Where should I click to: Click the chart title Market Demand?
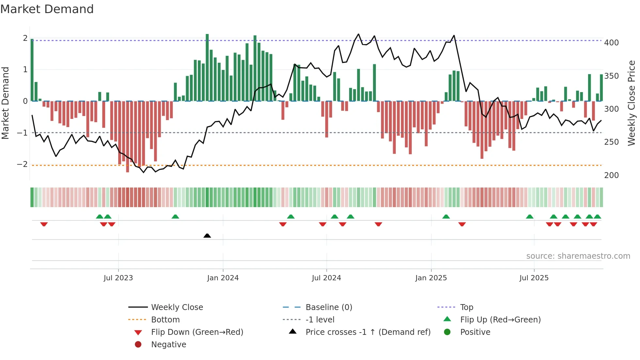tap(47, 9)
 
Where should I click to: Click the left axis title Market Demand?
tap(6, 103)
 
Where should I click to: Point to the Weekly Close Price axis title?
tap(632, 103)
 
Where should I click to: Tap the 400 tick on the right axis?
tap(611, 43)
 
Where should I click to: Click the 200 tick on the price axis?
tap(611, 175)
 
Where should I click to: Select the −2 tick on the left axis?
tap(23, 164)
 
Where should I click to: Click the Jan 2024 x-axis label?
tap(223, 278)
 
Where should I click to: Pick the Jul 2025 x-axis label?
tap(534, 278)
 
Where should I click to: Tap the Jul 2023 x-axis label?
tap(118, 278)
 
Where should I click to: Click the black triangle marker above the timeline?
tap(207, 236)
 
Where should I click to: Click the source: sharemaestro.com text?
tap(578, 256)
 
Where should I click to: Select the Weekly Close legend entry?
tap(177, 307)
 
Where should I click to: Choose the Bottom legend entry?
tap(165, 320)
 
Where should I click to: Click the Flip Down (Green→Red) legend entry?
tap(197, 332)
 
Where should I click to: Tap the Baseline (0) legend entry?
tap(329, 307)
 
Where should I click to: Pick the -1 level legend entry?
tap(320, 320)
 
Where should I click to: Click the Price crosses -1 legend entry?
tap(368, 332)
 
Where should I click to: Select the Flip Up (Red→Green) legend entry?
tap(500, 320)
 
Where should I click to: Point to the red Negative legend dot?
tap(138, 345)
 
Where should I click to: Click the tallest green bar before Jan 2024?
tap(207, 67)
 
